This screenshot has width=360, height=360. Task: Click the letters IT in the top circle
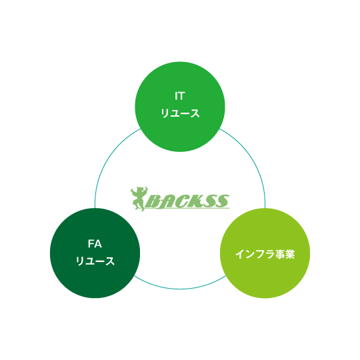pyautogui.click(x=180, y=96)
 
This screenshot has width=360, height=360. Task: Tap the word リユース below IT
pyautogui.click(x=180, y=113)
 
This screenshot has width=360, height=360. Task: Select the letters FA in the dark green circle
pyautogui.click(x=95, y=244)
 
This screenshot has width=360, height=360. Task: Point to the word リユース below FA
pyautogui.click(x=95, y=261)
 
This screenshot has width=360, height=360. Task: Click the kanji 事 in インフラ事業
pyautogui.click(x=280, y=254)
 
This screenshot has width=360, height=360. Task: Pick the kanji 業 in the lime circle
pyautogui.click(x=290, y=254)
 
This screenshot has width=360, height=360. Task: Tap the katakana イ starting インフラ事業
pyautogui.click(x=240, y=254)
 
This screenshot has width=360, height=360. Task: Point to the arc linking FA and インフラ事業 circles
pyautogui.click(x=180, y=289)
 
